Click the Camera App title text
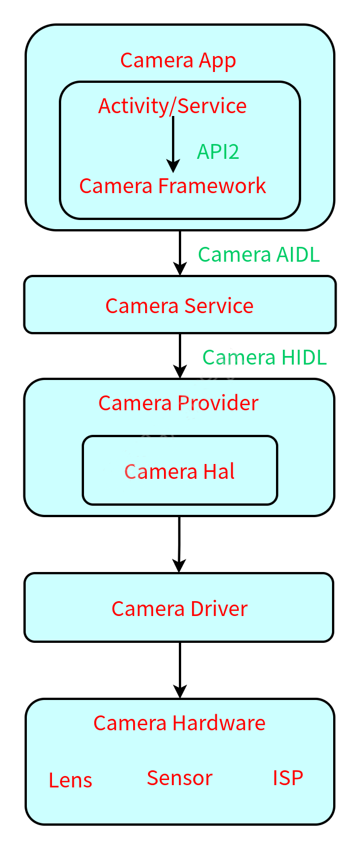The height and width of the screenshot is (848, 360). pos(178,60)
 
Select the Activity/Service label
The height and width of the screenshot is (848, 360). pos(173,106)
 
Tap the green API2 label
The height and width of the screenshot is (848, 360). pos(218,151)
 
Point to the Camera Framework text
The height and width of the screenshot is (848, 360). pos(173,186)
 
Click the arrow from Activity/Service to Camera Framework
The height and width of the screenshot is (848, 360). pos(173,143)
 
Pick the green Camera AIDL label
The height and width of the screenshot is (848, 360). pos(258,254)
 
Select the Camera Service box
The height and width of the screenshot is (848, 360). pos(179,305)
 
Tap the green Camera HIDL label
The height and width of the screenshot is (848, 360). pos(264,357)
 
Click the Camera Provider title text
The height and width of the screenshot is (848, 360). pos(178,403)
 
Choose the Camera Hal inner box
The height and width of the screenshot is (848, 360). pos(179,471)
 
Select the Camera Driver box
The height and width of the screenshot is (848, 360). pos(179,608)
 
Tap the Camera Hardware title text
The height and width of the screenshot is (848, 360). pos(179,723)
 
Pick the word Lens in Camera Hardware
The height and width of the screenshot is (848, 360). pos(70,780)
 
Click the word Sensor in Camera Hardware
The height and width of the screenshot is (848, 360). pos(179,778)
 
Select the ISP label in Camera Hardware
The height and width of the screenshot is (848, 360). pos(287,778)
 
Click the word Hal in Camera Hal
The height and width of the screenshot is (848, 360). pos(219,471)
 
